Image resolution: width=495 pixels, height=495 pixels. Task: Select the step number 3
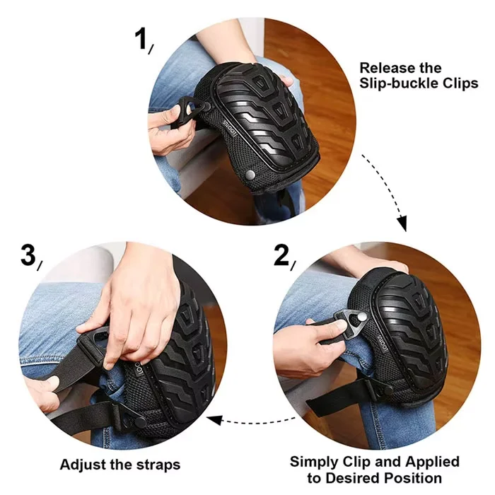click(x=28, y=255)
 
